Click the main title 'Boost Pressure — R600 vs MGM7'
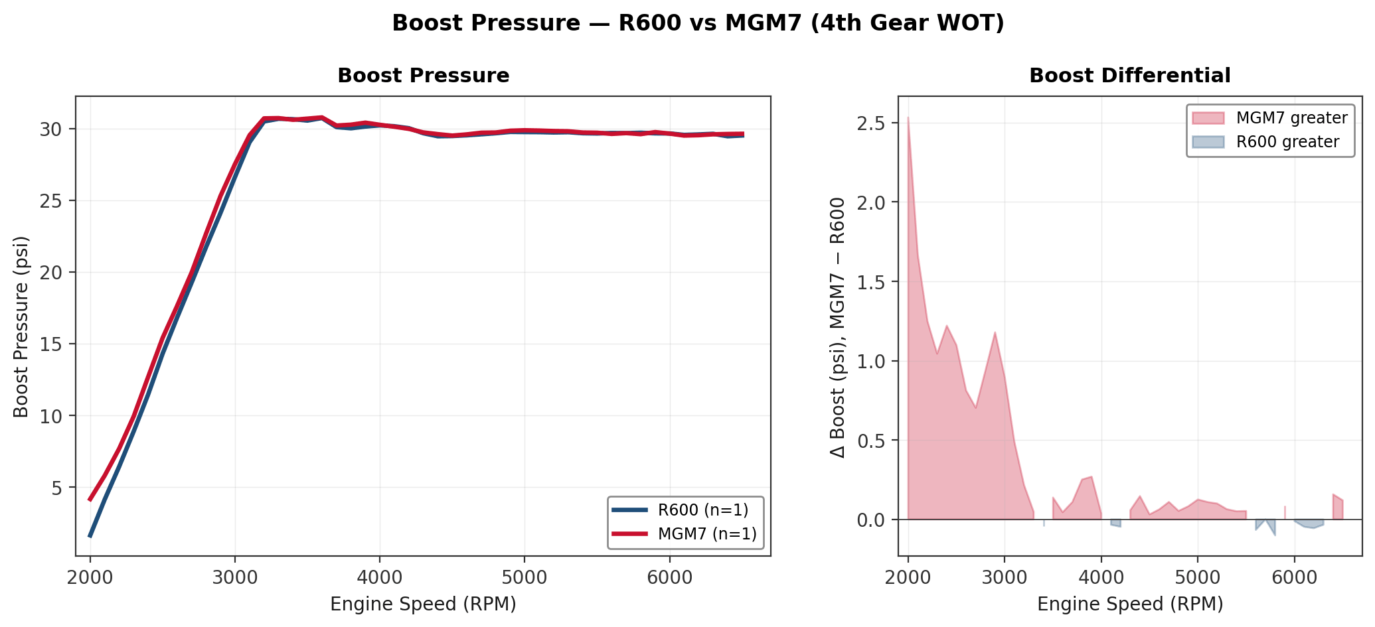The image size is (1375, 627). (698, 23)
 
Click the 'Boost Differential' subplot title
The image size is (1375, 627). (1129, 76)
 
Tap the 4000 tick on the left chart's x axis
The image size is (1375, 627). (379, 577)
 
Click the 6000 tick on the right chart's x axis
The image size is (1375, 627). (1294, 577)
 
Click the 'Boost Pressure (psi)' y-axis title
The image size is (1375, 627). (21, 326)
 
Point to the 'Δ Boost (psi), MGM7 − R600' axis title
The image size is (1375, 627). (838, 326)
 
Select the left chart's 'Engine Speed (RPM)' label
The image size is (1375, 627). (423, 604)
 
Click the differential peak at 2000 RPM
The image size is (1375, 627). (908, 118)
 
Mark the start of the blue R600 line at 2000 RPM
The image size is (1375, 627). (90, 536)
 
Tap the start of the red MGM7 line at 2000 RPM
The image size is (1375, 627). (90, 500)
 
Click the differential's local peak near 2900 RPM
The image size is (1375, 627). (995, 332)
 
